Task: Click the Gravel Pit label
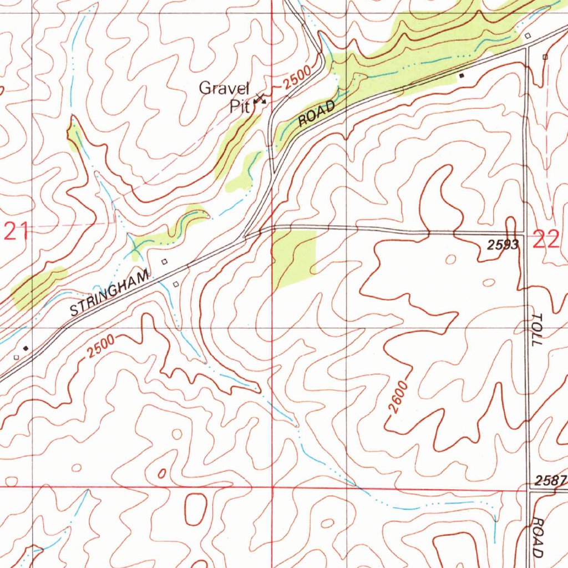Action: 225,97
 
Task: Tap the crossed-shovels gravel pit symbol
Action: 260,100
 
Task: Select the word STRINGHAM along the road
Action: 110,292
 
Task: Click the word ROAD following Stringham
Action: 317,114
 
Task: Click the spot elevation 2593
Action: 504,245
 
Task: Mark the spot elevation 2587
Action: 551,479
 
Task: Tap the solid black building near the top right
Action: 461,75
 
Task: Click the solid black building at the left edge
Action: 26,348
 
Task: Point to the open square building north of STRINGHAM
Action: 164,261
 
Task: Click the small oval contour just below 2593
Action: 488,283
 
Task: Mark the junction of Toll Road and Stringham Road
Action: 526,49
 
